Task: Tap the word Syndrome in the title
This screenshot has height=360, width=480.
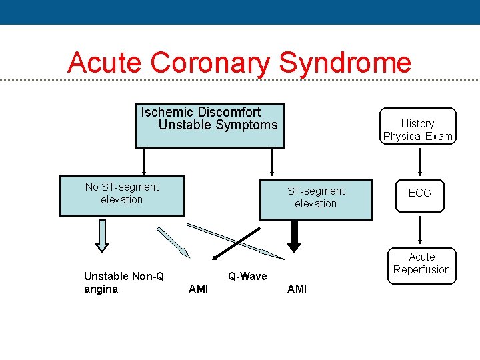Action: point(345,63)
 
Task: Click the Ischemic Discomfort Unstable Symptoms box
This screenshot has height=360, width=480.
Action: point(210,126)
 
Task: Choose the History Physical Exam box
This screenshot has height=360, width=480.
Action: point(418,127)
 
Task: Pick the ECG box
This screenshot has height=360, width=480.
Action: point(419,193)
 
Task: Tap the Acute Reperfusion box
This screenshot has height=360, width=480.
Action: point(421,263)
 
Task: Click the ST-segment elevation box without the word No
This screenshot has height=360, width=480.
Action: point(316,200)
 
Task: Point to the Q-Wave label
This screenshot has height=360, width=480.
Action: point(247,276)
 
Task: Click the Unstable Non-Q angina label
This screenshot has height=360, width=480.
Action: point(124,282)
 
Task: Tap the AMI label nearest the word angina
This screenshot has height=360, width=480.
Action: point(198,289)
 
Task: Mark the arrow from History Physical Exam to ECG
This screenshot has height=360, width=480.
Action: point(419,162)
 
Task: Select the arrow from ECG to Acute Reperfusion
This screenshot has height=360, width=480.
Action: point(419,229)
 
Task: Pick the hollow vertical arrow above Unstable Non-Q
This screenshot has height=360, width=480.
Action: point(102,235)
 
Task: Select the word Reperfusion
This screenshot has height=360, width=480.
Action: point(421,270)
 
